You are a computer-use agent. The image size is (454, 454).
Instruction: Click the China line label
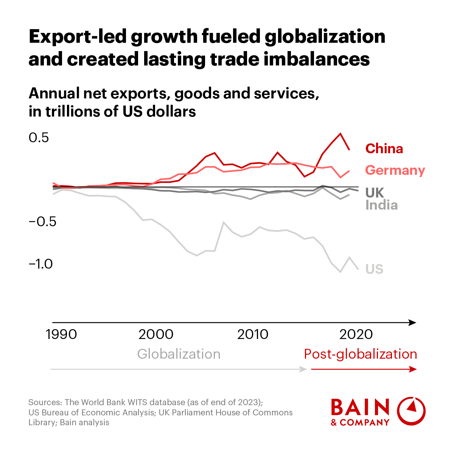point(384,149)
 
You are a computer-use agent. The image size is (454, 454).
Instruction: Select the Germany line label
point(395,170)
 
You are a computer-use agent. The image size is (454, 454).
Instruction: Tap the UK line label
point(375,193)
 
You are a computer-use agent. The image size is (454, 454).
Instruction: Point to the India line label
point(381,205)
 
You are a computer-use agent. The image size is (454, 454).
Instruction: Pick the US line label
point(374,269)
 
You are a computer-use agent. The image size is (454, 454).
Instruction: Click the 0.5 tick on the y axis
point(39,138)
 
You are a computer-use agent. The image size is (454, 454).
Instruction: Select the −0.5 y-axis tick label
point(42,222)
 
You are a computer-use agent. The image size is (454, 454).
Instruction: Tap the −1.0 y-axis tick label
point(41,264)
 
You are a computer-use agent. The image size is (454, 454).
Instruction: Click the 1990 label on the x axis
point(61,334)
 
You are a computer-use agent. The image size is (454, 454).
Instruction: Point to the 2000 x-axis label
point(156,334)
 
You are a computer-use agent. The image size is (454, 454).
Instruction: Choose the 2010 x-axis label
point(253,334)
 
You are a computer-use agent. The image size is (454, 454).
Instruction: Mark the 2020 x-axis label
point(356,334)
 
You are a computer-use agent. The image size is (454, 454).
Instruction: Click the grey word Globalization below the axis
point(179,354)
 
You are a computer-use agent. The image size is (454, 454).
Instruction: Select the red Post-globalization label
point(360,354)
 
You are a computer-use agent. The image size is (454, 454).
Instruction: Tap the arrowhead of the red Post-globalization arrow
point(413,369)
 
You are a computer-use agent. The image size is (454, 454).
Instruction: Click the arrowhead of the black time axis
point(413,323)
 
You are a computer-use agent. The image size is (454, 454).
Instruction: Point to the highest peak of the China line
point(340,134)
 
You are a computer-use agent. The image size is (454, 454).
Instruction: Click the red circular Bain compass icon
point(411,411)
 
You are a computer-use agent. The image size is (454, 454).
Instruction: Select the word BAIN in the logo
point(360,407)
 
